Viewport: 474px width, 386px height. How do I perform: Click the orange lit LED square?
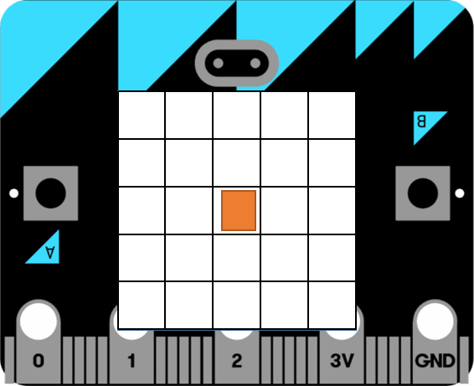coord(239,210)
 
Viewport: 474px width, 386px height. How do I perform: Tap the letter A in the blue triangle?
coord(50,252)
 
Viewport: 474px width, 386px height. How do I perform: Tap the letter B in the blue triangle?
coord(421,121)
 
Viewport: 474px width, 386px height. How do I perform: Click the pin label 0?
coord(39,361)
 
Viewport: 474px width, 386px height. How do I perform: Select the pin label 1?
coord(131,361)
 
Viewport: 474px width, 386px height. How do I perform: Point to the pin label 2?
coord(237,361)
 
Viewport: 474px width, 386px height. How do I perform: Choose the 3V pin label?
coord(342,361)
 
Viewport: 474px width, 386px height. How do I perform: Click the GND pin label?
coord(435,361)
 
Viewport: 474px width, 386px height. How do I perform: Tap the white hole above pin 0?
coord(39,321)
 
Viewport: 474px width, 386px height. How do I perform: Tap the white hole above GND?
coord(435,321)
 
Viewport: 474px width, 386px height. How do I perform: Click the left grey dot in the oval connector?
coord(219,63)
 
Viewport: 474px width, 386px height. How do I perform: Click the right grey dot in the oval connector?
coord(255,63)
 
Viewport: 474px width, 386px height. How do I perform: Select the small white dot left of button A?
coord(14,193)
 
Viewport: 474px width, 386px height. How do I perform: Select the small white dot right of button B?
coord(460,193)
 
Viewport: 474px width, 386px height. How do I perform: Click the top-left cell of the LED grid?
coord(142,116)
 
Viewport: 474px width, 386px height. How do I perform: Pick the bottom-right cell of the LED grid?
coord(332,305)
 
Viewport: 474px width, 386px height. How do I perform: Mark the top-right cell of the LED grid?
coord(332,116)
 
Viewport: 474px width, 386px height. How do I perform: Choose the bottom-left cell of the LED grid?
coord(142,305)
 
